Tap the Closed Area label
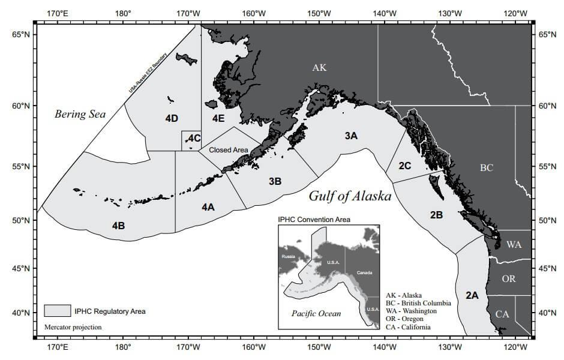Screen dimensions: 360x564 click(228, 149)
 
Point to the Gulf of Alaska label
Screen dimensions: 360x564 click(350, 196)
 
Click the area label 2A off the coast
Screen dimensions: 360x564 click(472, 295)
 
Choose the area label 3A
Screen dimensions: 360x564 click(351, 136)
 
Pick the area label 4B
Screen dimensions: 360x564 click(118, 226)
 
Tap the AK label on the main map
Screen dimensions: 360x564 click(319, 68)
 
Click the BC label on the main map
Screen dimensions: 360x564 click(486, 168)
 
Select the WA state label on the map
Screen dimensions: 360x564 click(514, 245)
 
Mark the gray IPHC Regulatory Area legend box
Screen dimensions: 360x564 click(57, 311)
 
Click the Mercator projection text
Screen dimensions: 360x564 click(73, 328)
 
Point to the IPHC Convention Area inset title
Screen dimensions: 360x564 click(314, 220)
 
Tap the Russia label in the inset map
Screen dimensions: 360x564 click(289, 256)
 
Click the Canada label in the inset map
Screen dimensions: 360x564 click(364, 272)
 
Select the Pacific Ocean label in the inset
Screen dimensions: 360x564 click(316, 313)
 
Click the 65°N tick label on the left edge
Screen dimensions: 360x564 click(21, 35)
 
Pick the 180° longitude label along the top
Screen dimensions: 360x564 click(123, 13)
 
